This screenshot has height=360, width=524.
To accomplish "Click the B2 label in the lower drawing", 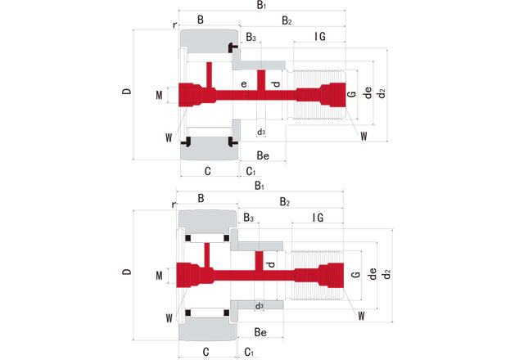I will (x=286, y=201).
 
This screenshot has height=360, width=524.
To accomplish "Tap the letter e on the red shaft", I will (x=243, y=84).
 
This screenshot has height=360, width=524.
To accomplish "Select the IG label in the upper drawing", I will (x=320, y=37).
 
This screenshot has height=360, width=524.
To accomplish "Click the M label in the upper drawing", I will (x=159, y=96).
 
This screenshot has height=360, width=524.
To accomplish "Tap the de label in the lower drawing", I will (x=371, y=275).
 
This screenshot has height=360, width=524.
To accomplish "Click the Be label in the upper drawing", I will (x=263, y=155).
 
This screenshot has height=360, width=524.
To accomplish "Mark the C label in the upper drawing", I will (x=207, y=171).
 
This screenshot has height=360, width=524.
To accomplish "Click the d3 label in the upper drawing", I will (x=261, y=132).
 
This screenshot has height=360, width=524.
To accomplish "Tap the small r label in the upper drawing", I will (x=174, y=25).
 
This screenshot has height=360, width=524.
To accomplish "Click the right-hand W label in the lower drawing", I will (x=362, y=313).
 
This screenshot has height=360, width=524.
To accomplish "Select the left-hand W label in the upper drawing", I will (x=168, y=137).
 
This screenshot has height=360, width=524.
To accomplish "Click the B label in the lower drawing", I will (x=201, y=197).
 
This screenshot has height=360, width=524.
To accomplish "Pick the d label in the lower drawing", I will (x=271, y=264).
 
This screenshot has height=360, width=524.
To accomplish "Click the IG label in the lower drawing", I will (x=318, y=218).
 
